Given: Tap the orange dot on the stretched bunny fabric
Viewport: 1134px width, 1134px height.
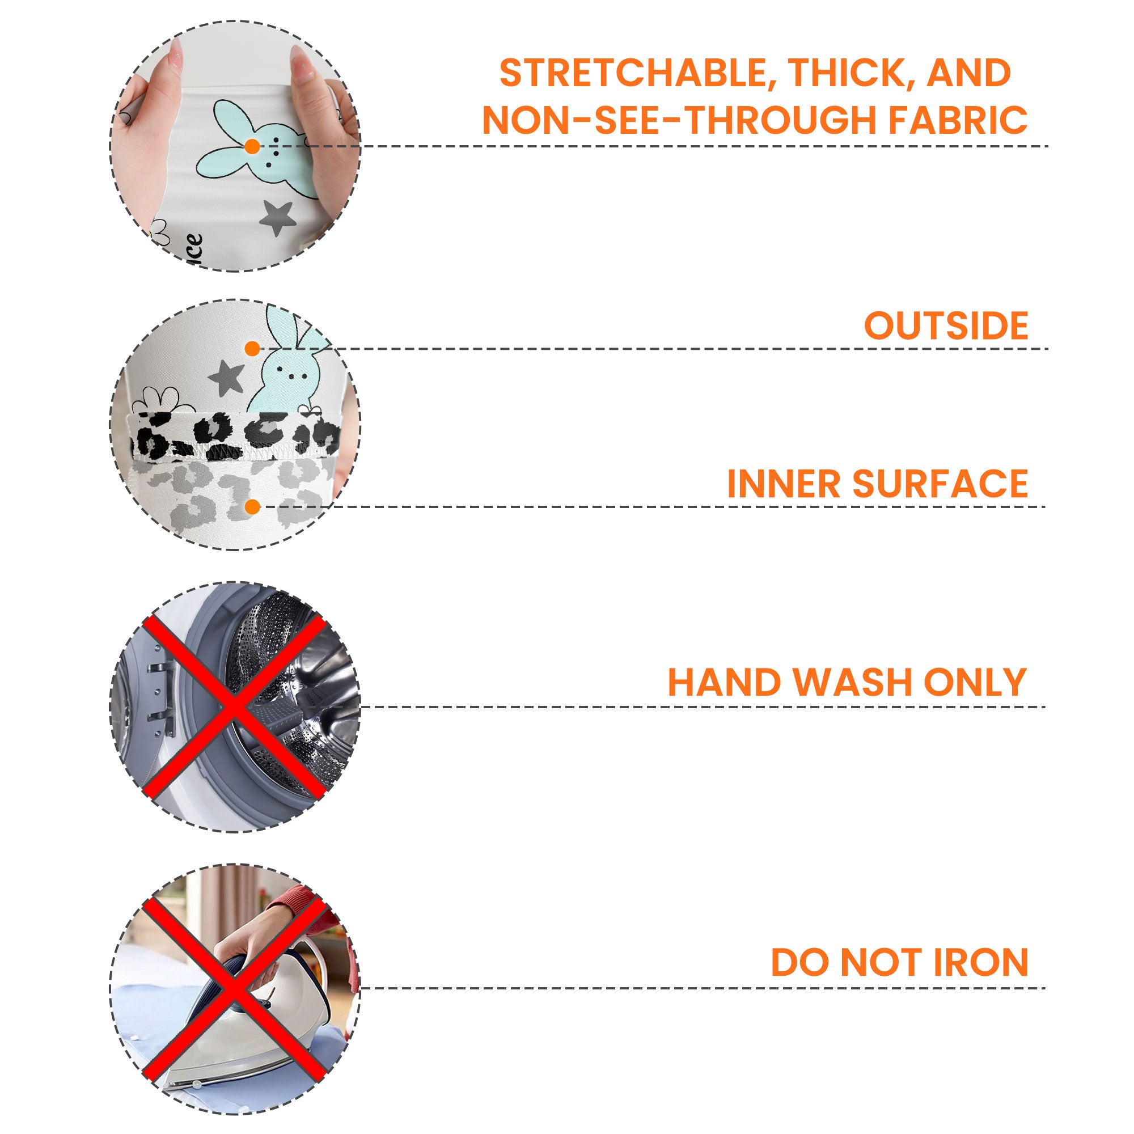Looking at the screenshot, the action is coord(252,147).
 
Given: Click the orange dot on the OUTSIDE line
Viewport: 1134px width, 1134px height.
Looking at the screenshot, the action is coord(252,349).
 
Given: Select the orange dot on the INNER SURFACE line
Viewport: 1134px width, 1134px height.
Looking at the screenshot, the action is coord(252,507).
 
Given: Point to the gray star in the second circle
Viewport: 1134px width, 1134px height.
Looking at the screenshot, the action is coord(227,377).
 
